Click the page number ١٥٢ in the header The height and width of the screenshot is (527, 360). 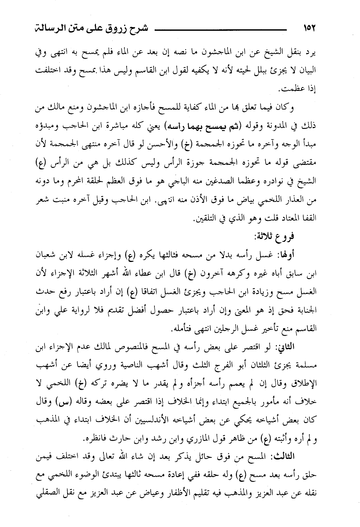click(308, 29)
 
